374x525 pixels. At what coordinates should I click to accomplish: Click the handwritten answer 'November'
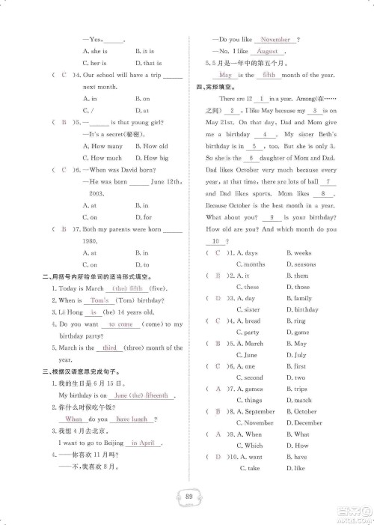(275, 39)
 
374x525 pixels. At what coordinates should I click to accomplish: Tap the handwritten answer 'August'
(266, 51)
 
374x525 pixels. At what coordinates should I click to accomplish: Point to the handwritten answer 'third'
(110, 348)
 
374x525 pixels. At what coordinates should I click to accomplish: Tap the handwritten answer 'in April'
(142, 443)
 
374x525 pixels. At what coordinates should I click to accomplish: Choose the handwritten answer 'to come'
(120, 324)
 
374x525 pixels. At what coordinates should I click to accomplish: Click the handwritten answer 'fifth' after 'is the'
(269, 76)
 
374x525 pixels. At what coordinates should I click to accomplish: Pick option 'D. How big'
(152, 158)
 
